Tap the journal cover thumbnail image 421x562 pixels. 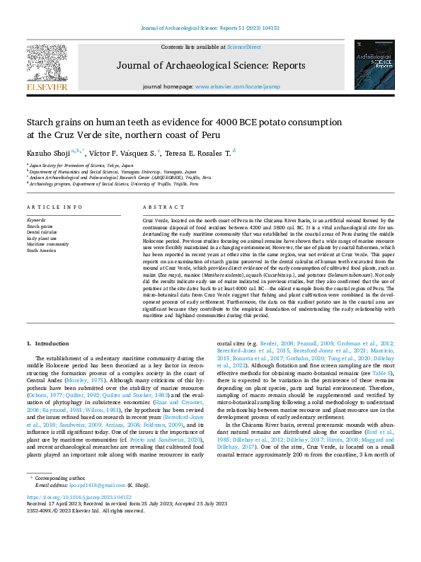[373, 64]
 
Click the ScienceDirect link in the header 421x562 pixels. [243, 47]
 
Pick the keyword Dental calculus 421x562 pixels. [42, 231]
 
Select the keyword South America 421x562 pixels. [41, 250]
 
